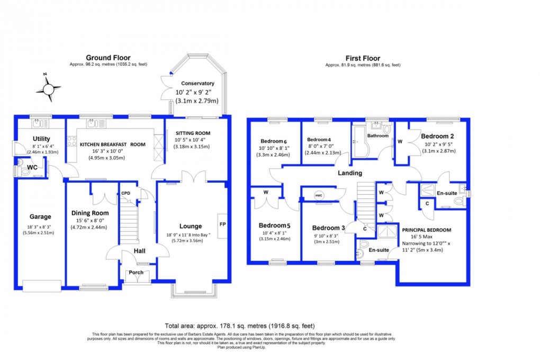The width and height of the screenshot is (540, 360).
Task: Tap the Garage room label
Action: tap(40, 217)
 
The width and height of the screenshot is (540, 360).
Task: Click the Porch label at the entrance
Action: tap(137, 273)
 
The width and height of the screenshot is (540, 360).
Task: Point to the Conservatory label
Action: tap(197, 83)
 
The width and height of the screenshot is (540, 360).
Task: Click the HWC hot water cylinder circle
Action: tap(319, 194)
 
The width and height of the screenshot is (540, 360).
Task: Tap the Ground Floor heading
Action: tap(108, 58)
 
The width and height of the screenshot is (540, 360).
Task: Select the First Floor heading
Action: tap(363, 58)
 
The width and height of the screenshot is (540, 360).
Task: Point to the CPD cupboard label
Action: tap(126, 193)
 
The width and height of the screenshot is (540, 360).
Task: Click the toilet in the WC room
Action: tap(19, 170)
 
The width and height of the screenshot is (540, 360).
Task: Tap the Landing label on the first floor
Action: tap(350, 173)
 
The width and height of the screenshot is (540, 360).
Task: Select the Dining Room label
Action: tap(90, 213)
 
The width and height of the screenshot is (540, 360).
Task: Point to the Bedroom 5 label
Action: tap(274, 225)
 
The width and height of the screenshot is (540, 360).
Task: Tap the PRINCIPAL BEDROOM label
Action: tap(426, 230)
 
